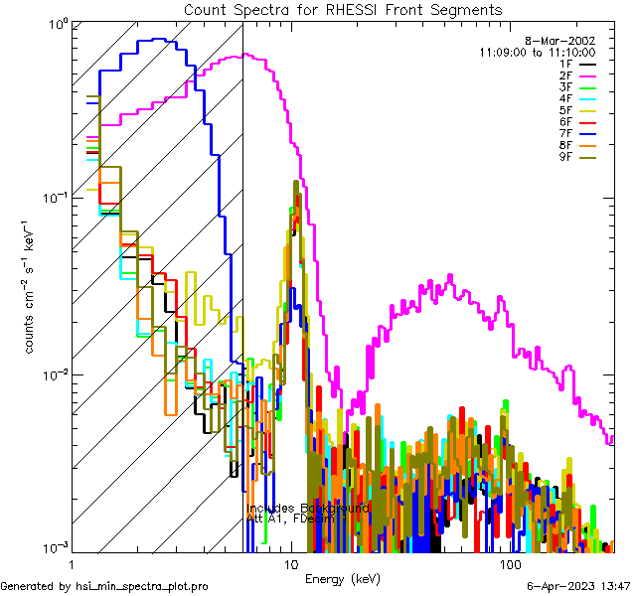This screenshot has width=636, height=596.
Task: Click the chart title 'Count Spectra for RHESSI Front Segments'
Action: (342, 10)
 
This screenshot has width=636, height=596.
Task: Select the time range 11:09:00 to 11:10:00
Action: (537, 51)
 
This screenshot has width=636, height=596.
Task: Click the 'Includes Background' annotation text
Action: (307, 508)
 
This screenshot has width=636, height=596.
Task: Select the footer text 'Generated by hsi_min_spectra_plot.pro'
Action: (104, 586)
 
